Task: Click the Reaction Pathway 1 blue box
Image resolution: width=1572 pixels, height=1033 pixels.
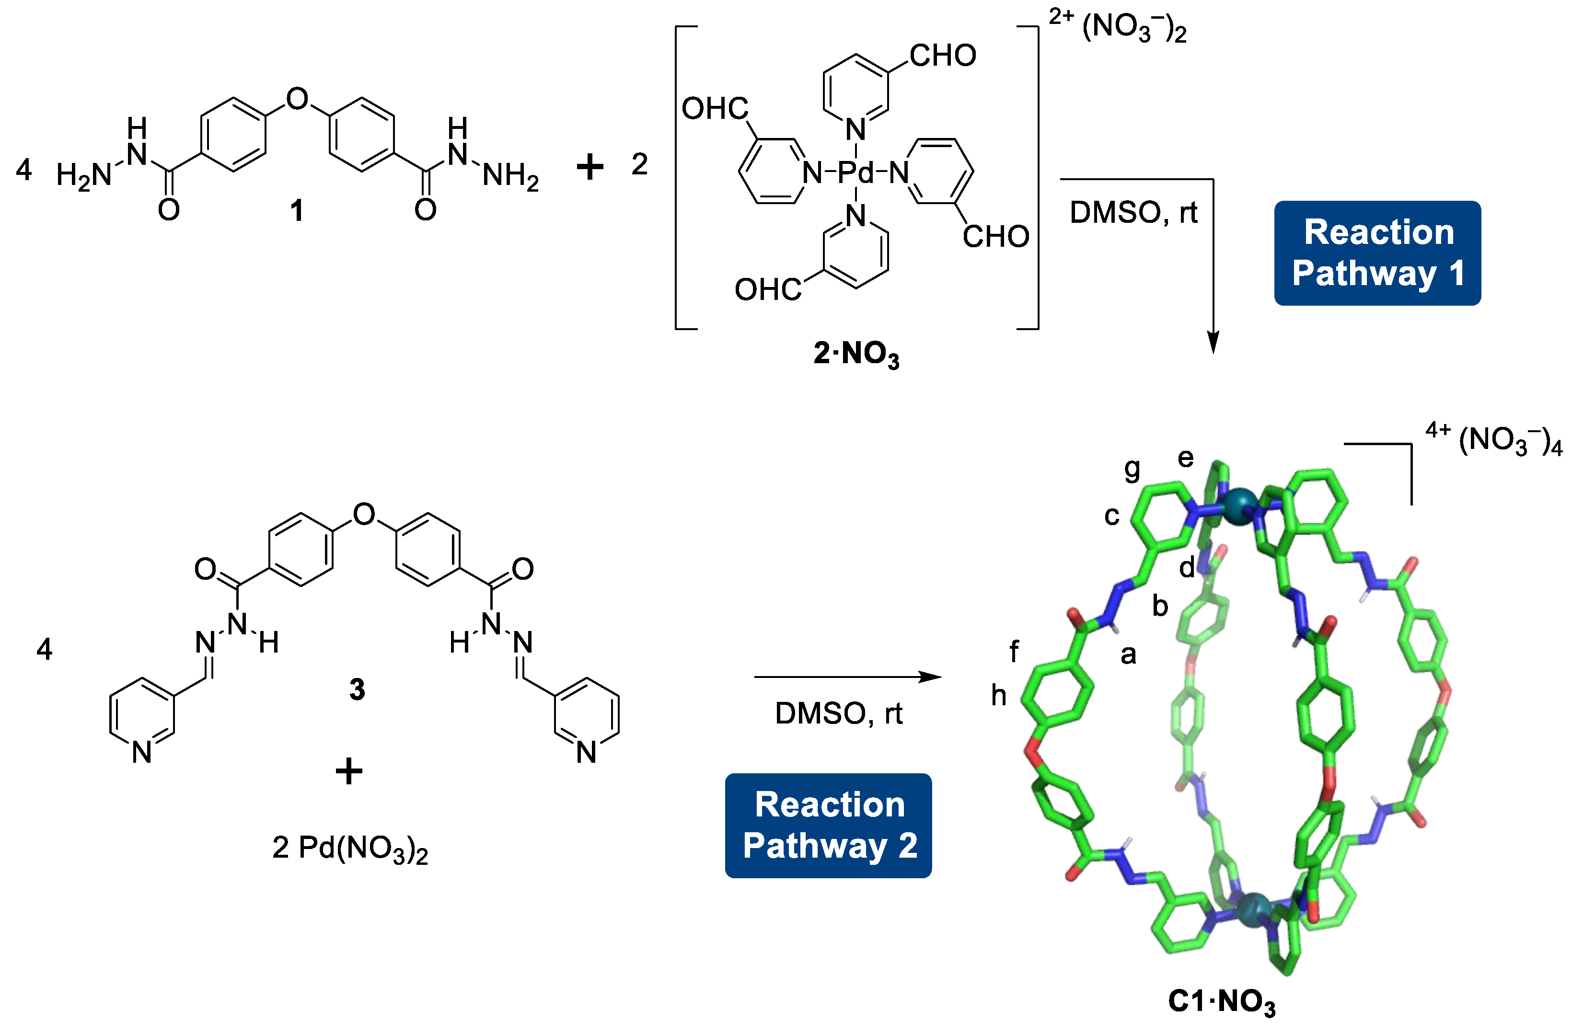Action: coord(1377,253)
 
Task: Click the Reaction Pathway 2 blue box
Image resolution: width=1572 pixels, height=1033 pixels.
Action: coord(828,825)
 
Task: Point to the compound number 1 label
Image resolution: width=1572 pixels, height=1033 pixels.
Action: coord(297,211)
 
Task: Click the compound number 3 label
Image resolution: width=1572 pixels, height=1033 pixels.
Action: coord(357,689)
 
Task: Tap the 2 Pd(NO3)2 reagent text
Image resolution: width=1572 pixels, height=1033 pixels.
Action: coord(350,849)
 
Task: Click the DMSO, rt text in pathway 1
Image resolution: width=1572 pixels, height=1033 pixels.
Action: coord(1133,213)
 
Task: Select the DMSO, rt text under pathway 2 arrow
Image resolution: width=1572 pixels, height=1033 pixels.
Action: coord(838,713)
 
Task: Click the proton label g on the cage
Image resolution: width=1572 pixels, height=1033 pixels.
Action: coord(1132,469)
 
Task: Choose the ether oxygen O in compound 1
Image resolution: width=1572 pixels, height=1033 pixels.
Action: coord(297,99)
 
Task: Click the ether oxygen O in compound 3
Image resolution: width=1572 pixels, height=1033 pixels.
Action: coord(364,514)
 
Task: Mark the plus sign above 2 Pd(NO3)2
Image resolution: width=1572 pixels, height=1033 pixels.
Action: coord(349,771)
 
